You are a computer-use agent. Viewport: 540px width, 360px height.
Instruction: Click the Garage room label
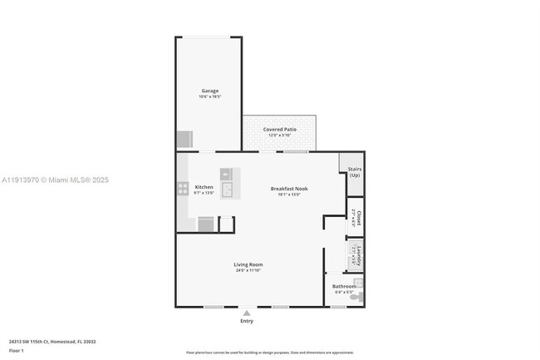(209, 91)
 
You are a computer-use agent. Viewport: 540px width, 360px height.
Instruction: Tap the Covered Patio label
(279, 130)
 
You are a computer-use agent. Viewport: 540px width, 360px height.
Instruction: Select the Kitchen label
(204, 187)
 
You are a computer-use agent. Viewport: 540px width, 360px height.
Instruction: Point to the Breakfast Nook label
(289, 189)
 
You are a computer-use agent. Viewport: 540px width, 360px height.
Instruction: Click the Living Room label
(248, 264)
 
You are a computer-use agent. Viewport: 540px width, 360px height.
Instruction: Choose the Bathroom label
(344, 286)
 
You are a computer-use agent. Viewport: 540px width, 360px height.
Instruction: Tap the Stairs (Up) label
(355, 171)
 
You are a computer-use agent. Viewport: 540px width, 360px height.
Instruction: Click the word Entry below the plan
(247, 321)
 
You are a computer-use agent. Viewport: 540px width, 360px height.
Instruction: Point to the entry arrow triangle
(247, 313)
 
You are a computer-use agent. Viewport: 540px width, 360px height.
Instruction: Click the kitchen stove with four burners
(182, 189)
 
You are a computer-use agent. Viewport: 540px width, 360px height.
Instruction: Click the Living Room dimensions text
(248, 270)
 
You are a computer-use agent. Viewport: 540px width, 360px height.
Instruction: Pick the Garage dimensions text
(209, 96)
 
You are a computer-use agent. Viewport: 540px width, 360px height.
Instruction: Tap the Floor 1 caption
(16, 350)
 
